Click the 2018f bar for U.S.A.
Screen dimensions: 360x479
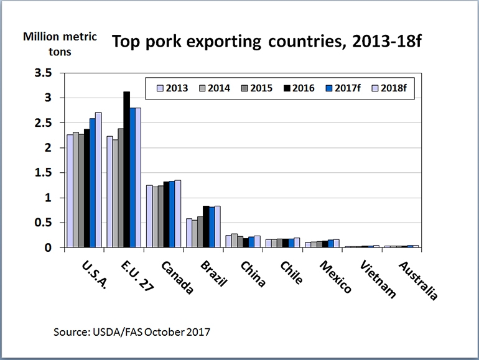(98, 180)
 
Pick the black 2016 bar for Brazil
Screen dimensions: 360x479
(206, 227)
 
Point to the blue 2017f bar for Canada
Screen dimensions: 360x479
(172, 215)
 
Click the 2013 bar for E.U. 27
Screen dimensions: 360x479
(109, 192)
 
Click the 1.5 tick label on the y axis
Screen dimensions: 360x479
(50, 173)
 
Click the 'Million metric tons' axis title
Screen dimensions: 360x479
(60, 44)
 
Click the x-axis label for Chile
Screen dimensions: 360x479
(292, 272)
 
